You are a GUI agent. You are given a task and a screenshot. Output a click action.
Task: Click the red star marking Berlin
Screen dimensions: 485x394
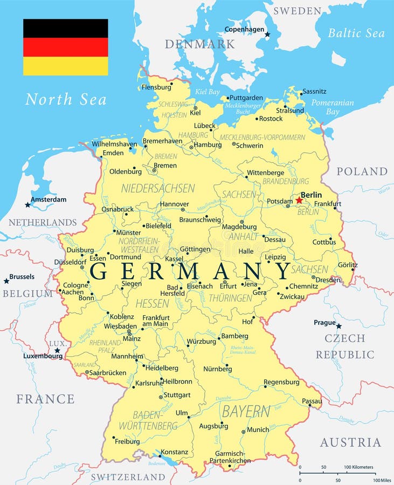[299, 200]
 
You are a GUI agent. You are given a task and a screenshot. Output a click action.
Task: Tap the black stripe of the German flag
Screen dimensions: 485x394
[65, 28]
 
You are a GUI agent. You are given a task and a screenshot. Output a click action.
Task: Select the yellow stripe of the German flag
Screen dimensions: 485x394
[65, 66]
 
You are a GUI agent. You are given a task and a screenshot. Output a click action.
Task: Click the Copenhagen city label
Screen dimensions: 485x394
[245, 29]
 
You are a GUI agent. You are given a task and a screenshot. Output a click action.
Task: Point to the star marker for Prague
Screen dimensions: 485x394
[339, 326]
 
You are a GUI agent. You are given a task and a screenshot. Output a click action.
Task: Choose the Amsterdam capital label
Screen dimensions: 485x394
[49, 199]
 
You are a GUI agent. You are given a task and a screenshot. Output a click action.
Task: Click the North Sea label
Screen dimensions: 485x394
[66, 99]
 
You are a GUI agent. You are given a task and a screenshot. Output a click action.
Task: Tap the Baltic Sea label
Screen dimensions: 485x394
[356, 33]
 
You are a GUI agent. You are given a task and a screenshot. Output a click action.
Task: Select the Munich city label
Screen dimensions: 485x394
[258, 429]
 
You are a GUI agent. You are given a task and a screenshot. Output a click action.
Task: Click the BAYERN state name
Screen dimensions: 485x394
[246, 411]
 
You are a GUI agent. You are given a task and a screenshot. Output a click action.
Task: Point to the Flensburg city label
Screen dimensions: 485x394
[156, 87]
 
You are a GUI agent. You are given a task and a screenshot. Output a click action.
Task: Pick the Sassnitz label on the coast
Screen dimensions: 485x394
[314, 92]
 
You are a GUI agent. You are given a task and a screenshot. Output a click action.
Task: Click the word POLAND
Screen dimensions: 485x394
[362, 171]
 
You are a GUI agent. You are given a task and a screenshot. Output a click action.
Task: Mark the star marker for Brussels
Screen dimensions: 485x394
[6, 281]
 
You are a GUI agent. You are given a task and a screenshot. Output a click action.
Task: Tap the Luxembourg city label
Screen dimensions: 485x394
[43, 356]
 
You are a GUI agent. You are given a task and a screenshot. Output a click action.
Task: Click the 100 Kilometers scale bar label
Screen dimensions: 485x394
[359, 467]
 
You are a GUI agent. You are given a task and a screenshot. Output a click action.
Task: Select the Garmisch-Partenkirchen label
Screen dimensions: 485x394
[230, 457]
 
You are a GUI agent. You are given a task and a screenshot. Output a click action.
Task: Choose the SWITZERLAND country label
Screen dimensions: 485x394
[128, 477]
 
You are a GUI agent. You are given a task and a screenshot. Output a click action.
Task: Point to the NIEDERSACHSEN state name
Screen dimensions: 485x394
[158, 188]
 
